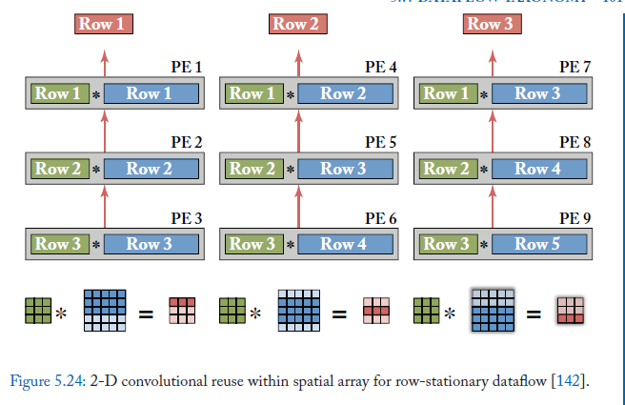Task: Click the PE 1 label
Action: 185,68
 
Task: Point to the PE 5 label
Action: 380,142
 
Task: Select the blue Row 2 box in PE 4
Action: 344,93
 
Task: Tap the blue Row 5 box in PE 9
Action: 538,244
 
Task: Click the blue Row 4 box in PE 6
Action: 344,244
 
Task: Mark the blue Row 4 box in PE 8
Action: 538,169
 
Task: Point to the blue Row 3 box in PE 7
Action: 538,93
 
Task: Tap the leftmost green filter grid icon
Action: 38,310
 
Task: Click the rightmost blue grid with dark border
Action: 493,311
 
